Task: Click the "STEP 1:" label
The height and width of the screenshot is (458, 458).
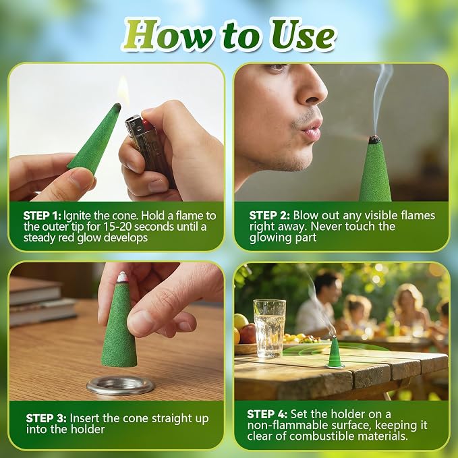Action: [x=42, y=216]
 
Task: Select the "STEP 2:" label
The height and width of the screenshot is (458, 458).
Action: [x=269, y=215]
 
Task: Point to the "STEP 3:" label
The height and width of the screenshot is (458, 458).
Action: [x=46, y=418]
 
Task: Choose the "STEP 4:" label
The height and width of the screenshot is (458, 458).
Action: [x=267, y=414]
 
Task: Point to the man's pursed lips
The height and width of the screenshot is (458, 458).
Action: [x=310, y=130]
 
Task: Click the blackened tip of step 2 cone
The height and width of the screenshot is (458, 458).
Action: [x=374, y=140]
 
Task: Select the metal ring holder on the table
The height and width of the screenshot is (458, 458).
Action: [x=120, y=385]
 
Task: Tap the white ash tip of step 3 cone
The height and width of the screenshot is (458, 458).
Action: [x=122, y=277]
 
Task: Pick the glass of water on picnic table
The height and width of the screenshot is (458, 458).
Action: [x=270, y=328]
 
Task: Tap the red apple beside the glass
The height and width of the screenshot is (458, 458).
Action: [x=248, y=334]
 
